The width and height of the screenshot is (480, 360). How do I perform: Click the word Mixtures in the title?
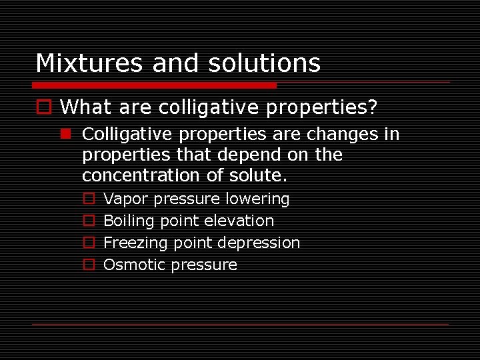coord(90,63)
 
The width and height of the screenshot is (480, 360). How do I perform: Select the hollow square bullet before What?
coord(43,107)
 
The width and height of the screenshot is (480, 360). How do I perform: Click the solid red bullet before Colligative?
coord(65,135)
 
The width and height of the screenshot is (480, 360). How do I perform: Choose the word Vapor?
coord(127,199)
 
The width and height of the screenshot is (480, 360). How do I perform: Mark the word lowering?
coord(257,199)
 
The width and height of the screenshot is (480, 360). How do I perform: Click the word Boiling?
coord(129,221)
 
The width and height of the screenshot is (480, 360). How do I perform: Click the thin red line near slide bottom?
coord(240,324)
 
